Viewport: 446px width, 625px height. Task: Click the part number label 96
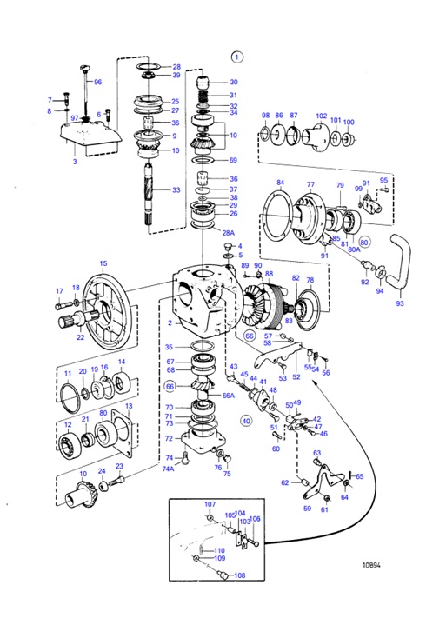[97, 82]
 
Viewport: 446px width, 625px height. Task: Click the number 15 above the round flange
[103, 263]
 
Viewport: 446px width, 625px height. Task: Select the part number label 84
[280, 183]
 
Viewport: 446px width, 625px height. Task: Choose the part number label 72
[170, 438]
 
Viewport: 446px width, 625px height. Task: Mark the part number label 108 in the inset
[240, 575]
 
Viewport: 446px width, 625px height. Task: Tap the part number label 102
[321, 116]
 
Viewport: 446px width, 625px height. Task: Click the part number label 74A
[168, 469]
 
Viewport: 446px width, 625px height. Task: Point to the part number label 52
[296, 377]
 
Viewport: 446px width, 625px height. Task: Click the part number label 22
[80, 337]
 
